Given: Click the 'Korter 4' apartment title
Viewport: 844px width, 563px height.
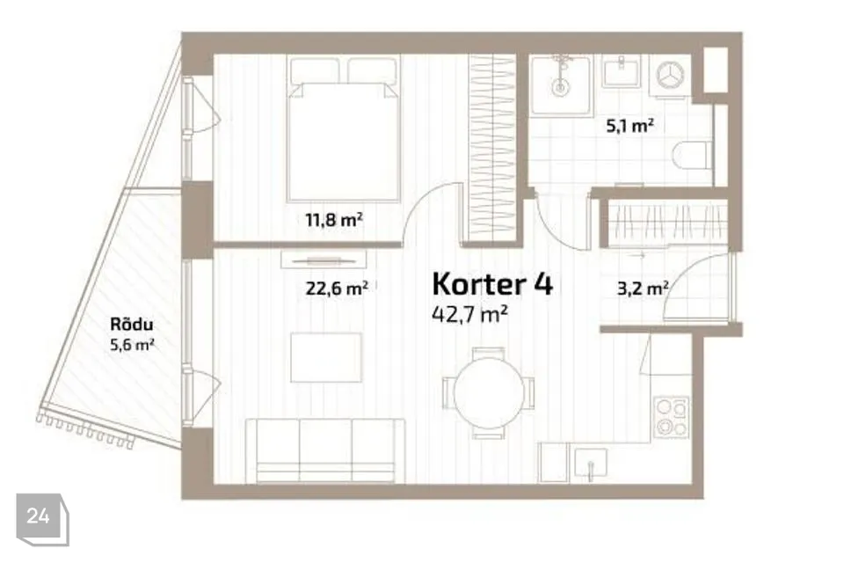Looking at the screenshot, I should click(x=492, y=284).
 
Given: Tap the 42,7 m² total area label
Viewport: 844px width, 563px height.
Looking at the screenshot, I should click(x=471, y=313).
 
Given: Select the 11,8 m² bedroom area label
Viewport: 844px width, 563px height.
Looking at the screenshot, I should click(x=334, y=220).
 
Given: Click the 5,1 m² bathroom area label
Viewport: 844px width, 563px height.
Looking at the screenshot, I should click(x=629, y=126).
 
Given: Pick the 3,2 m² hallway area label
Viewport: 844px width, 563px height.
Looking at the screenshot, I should click(x=643, y=287).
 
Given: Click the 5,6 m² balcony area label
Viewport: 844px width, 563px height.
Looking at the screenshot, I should click(x=127, y=344).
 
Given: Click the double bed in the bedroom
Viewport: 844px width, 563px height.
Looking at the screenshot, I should click(x=344, y=132).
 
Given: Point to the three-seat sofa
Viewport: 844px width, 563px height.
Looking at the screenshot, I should click(x=324, y=450).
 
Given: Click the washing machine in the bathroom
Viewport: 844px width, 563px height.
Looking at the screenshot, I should click(x=673, y=75).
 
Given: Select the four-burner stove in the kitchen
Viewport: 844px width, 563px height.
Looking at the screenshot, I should click(x=673, y=417).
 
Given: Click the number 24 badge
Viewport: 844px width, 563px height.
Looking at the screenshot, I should click(x=39, y=517).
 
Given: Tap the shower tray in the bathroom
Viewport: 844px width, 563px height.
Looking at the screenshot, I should click(x=560, y=84).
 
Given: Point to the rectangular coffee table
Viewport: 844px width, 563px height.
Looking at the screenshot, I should click(x=326, y=357).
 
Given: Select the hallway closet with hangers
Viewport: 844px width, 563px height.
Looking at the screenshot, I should click(x=668, y=223).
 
